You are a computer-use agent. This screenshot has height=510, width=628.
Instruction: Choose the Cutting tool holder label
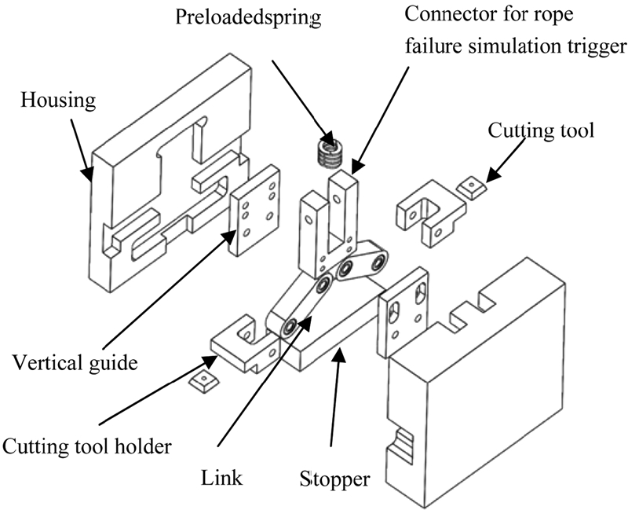pyautogui.click(x=87, y=448)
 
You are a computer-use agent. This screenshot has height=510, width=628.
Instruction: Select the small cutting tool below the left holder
pyautogui.click(x=203, y=384)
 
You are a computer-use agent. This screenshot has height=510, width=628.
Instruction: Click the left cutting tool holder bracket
pyautogui.click(x=239, y=346)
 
